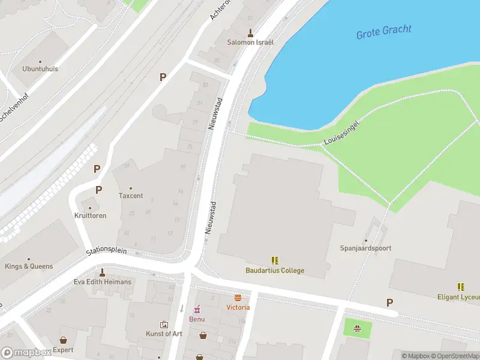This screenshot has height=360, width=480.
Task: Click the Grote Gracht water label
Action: point(385,32)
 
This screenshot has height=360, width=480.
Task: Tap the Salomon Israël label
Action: point(250,43)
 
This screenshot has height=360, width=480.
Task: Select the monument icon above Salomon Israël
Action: point(250,33)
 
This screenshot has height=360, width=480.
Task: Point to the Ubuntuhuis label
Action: point(40,69)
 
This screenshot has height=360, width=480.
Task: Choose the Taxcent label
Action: point(131,196)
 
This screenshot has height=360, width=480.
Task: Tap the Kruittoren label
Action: point(90,215)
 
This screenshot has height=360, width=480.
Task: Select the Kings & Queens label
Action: point(29,266)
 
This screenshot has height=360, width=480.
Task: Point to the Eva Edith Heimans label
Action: point(102,282)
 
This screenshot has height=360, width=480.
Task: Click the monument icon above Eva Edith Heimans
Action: point(102,272)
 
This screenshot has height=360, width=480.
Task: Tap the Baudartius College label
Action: point(275,271)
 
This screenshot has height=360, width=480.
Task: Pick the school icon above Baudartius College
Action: point(275,260)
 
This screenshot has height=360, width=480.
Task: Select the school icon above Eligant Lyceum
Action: point(461,287)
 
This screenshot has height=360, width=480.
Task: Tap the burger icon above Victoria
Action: point(238,298)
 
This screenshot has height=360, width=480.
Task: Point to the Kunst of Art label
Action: point(164,334)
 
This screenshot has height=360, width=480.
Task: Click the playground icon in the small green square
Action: point(357,328)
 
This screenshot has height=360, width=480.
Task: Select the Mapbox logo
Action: point(26,353)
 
